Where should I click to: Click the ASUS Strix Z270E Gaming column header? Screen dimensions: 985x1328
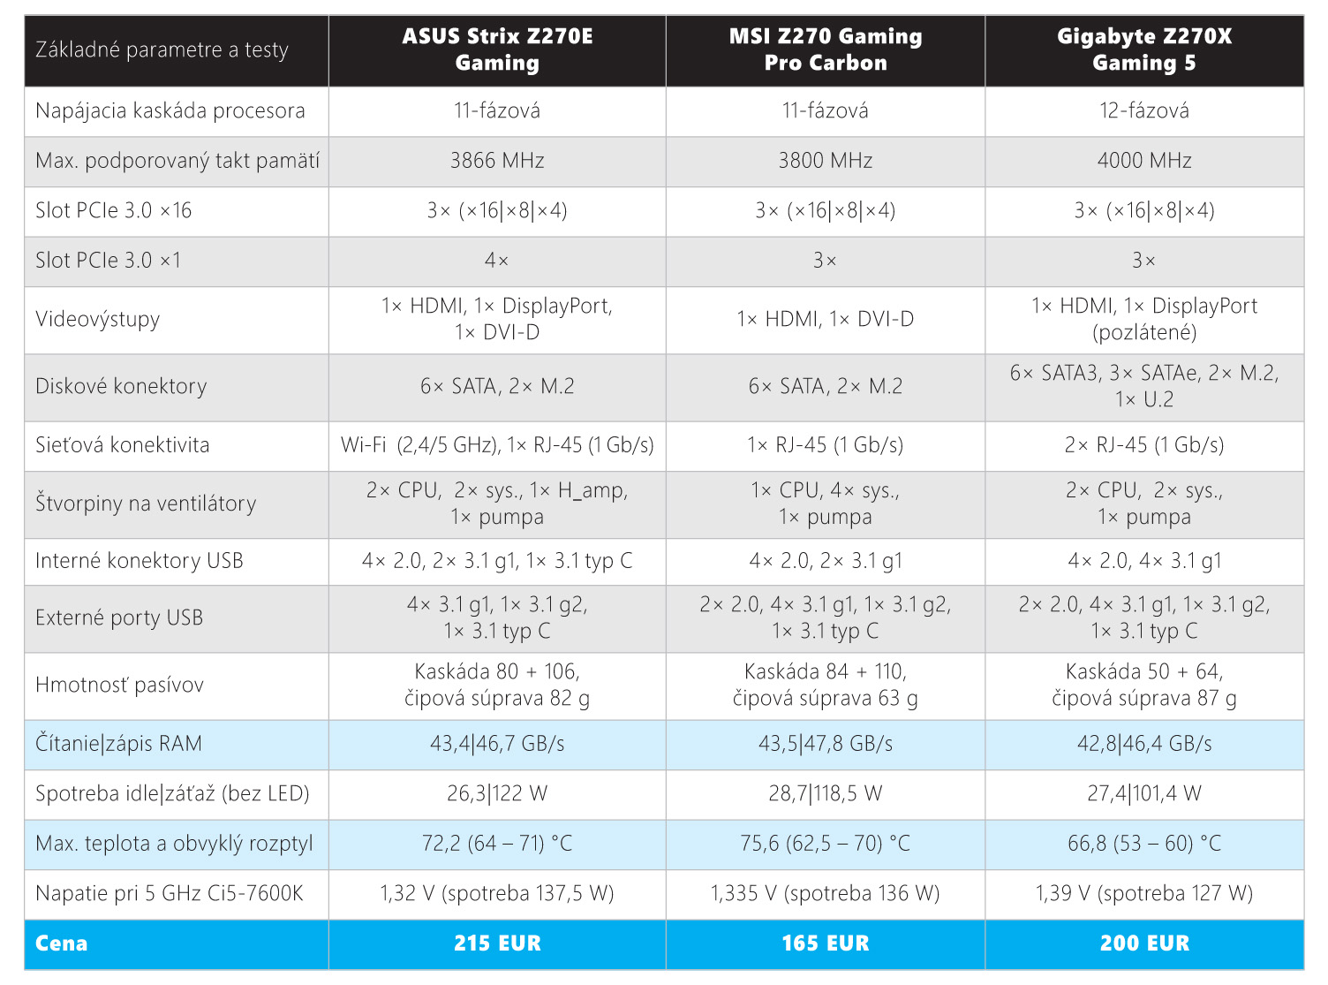[x=497, y=49]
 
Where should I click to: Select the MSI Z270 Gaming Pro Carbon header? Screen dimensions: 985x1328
[x=826, y=49]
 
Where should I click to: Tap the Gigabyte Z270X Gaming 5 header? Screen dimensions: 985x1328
[x=1144, y=49]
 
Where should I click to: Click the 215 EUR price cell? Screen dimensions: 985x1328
[x=497, y=943]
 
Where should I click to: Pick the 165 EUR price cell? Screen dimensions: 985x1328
[x=826, y=943]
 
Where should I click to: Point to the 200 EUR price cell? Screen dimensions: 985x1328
[x=1144, y=943]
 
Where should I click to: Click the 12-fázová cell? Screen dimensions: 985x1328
[x=1144, y=110]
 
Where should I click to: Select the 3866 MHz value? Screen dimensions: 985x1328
[x=497, y=161]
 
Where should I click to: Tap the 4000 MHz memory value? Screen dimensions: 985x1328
[x=1144, y=161]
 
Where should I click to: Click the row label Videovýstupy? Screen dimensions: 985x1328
[x=97, y=319]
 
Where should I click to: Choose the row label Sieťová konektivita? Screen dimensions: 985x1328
[x=122, y=445]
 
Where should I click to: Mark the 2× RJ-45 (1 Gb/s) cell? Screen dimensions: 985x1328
[x=1144, y=445]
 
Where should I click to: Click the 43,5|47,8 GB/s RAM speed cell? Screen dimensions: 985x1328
[x=826, y=744]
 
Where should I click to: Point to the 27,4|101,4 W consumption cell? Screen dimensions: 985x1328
[x=1144, y=793]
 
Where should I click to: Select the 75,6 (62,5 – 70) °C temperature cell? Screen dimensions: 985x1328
[x=826, y=844]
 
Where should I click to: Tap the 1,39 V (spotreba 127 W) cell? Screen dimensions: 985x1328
[x=1144, y=893]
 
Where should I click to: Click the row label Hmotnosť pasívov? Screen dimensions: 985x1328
[x=119, y=686]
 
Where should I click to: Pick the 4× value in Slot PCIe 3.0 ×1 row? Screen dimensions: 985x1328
[x=497, y=261]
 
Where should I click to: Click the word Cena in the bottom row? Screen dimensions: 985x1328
[x=61, y=943]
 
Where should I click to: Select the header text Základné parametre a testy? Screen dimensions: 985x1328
[x=162, y=50]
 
